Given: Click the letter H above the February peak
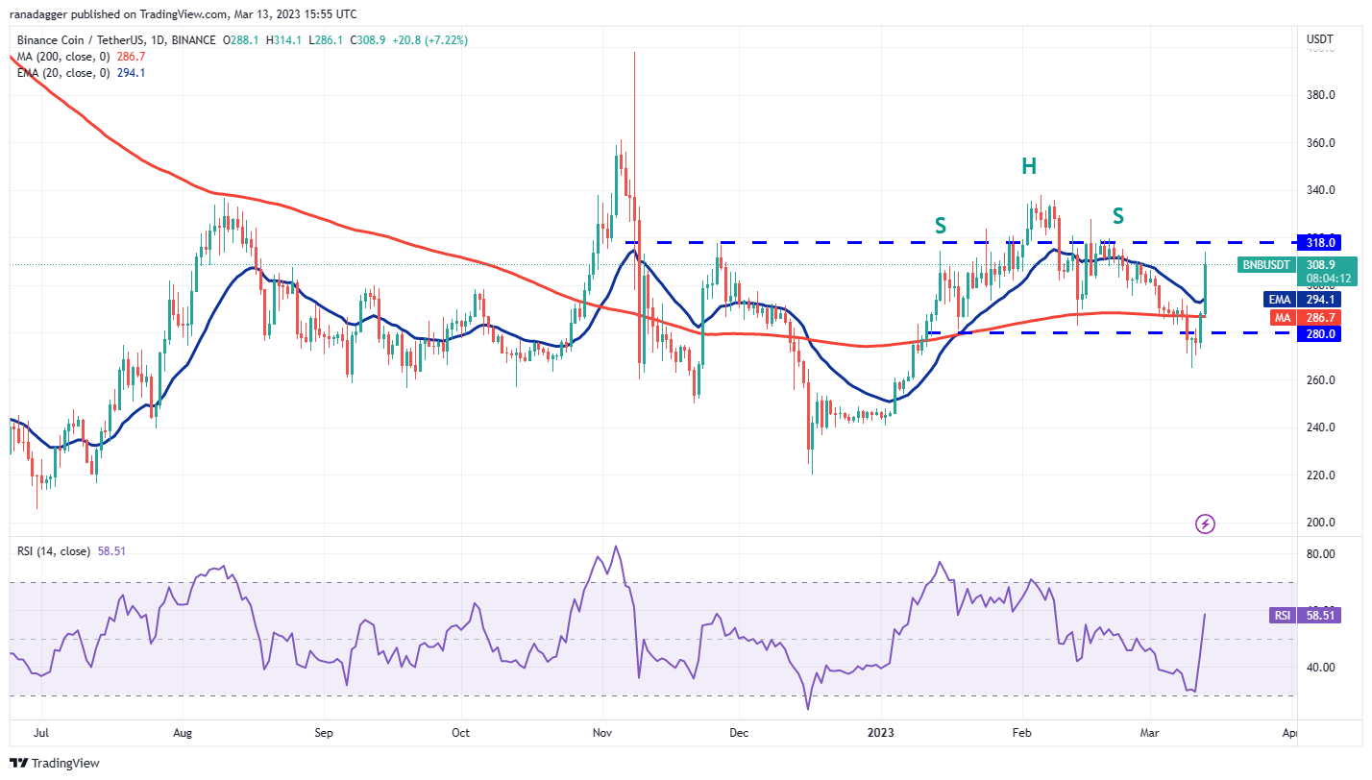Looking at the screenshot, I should point(1029,166).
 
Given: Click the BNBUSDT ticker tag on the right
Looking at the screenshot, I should point(1267,264).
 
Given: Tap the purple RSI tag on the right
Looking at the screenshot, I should point(1281,615).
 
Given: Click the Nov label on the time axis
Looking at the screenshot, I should point(602,733).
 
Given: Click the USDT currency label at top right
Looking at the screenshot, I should point(1321,38).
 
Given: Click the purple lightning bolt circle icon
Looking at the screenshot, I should point(1205,524).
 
